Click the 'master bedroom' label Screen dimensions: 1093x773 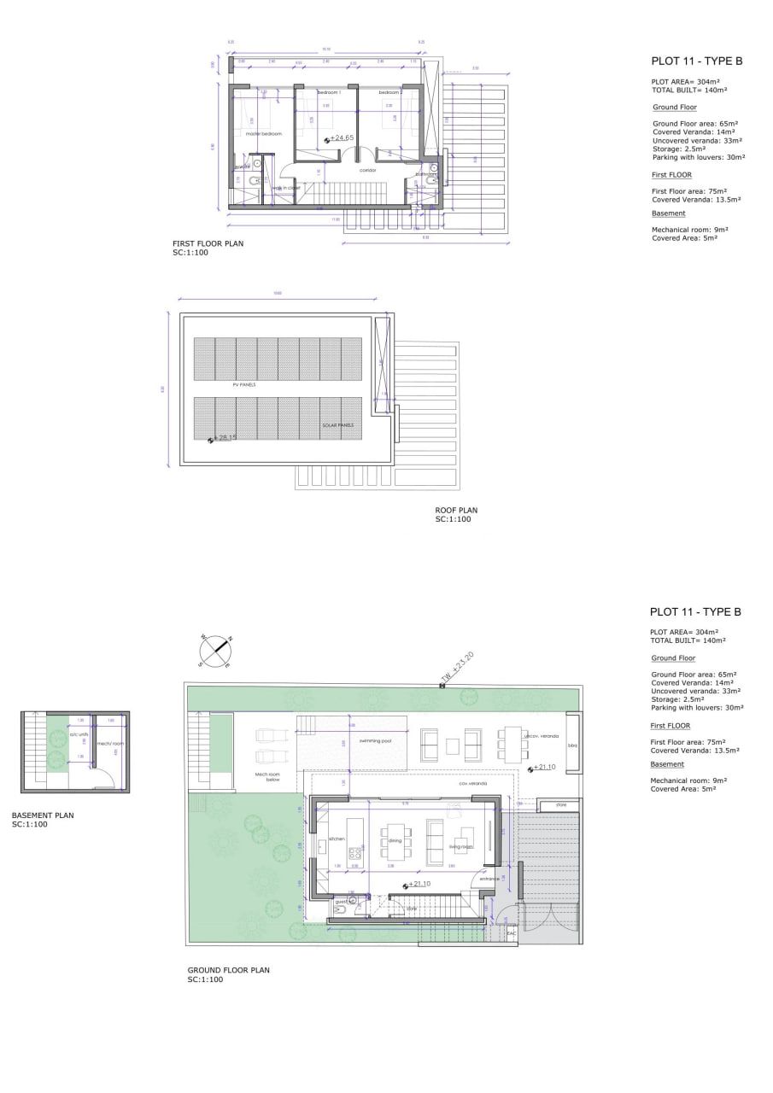click(x=263, y=134)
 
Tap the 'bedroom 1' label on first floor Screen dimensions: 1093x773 click(x=329, y=92)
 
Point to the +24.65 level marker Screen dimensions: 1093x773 click(x=340, y=137)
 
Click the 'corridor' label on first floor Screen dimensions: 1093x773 click(x=367, y=170)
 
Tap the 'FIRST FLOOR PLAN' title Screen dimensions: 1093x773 click(x=208, y=243)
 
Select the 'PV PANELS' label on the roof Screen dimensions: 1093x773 click(x=244, y=385)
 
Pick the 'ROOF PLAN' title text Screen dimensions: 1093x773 click(x=456, y=511)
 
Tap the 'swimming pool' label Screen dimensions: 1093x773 click(x=375, y=740)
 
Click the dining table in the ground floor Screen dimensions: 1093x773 click(x=395, y=839)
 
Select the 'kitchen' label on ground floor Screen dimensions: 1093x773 click(x=337, y=839)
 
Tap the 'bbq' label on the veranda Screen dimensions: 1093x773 click(x=572, y=745)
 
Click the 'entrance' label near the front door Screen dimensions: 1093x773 click(x=489, y=879)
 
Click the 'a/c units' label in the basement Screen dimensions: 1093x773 click(x=79, y=734)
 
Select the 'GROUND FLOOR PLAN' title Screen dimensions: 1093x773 click(x=228, y=970)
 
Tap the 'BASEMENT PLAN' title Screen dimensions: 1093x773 click(x=43, y=815)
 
